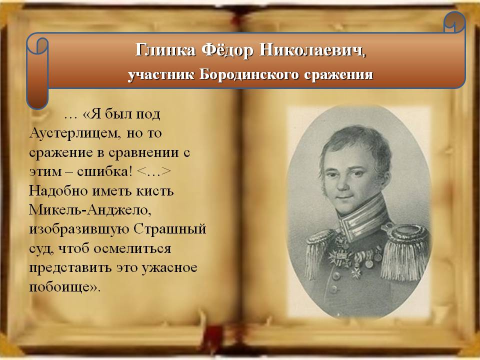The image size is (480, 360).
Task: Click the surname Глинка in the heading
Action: coord(165,49)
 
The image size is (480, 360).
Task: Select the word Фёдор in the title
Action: coord(227,49)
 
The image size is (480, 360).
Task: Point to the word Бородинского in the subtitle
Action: coord(249,75)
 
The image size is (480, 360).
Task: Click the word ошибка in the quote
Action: coord(103,171)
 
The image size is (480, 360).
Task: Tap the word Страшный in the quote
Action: coord(170,229)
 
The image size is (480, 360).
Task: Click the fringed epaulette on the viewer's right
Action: coord(404,251)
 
